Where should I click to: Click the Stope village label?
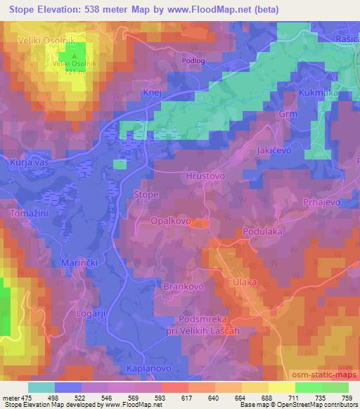coord(146,195)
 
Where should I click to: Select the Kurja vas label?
coord(27,162)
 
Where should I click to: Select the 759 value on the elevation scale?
coord(347,397)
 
